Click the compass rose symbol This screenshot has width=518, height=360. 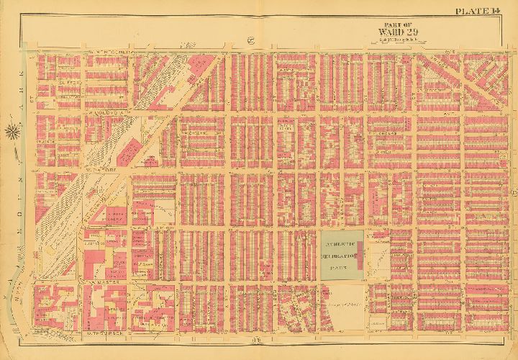coord(14,132)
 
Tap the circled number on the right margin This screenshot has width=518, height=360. coord(513,191)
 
